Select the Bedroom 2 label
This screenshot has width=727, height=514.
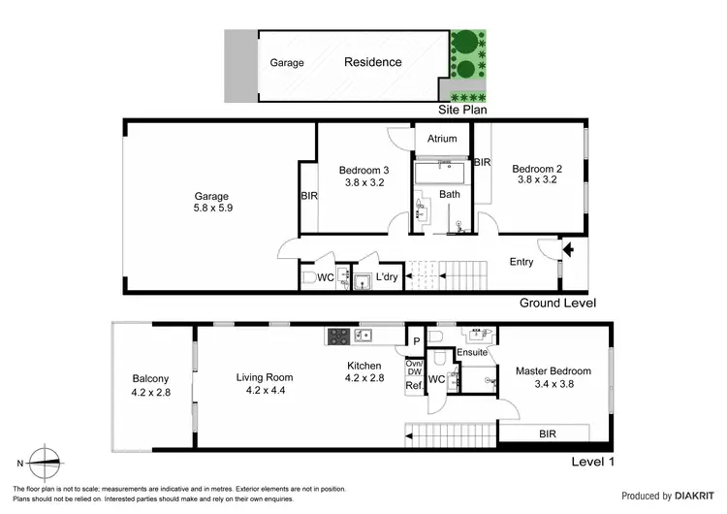click(539, 173)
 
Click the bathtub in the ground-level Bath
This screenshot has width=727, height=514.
click(441, 175)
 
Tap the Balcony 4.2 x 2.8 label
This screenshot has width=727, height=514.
click(150, 385)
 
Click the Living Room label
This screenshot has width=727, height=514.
click(265, 384)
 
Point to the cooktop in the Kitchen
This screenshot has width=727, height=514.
click(339, 337)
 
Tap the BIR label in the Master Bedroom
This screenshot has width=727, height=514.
click(548, 435)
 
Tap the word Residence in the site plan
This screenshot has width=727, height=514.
click(372, 62)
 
